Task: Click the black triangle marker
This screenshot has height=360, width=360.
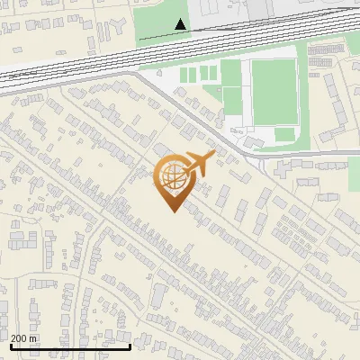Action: [181, 24]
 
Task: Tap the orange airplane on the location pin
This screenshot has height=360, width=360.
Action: [198, 165]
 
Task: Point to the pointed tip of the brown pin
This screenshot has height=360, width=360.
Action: [172, 211]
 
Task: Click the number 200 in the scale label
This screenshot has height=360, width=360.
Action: [20, 338]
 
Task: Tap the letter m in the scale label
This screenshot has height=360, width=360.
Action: [35, 338]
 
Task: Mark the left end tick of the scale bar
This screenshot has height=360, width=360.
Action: [10, 345]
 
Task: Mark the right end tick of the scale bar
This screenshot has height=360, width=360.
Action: [130, 345]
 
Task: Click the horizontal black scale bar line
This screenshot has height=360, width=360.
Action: [70, 346]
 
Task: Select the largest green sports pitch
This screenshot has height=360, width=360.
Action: [274, 93]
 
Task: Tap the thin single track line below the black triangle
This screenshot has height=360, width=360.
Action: [180, 37]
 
